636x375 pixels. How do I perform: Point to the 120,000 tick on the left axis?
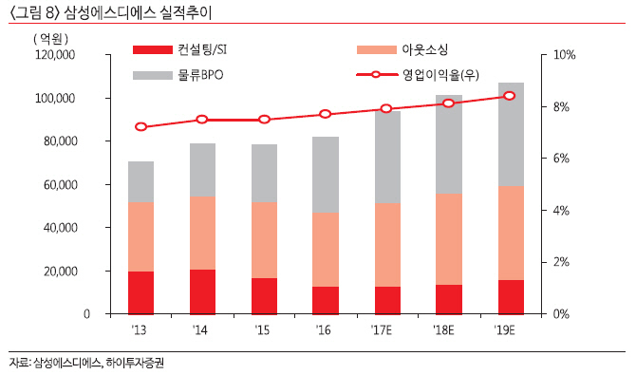point(55,56)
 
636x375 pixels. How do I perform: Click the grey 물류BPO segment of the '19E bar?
point(510,134)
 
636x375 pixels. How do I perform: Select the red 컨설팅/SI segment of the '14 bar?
point(202,291)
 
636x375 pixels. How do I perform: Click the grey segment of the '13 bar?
point(141,181)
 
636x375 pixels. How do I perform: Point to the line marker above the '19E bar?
point(510,96)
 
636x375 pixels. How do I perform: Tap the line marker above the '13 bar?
point(141,126)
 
